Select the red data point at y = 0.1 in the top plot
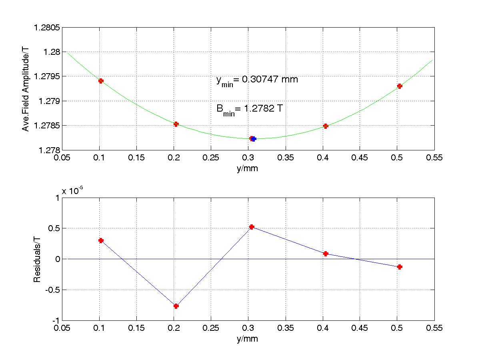click(x=101, y=81)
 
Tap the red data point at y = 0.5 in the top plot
click(x=399, y=86)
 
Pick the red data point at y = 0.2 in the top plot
click(x=176, y=124)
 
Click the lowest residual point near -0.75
click(x=176, y=306)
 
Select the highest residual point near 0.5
click(x=252, y=227)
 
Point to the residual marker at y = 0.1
click(x=101, y=240)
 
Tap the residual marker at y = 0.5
click(x=399, y=267)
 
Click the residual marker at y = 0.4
click(x=326, y=254)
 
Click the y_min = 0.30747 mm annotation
click(x=257, y=80)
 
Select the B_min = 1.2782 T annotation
click(x=250, y=109)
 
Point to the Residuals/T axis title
click(x=37, y=259)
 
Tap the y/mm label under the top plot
click(x=247, y=168)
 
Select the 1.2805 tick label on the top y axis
click(x=47, y=28)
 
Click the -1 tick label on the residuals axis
click(x=56, y=320)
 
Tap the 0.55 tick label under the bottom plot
click(x=434, y=328)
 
